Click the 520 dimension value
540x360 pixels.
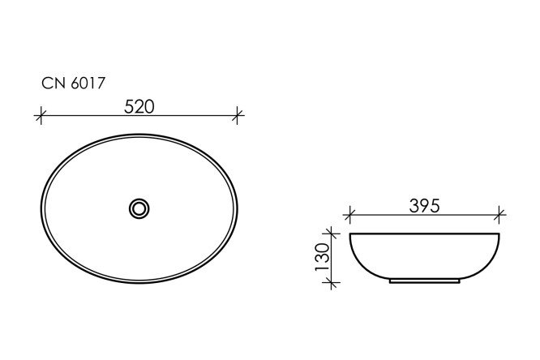pyautogui.click(x=139, y=105)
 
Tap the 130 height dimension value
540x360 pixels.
pyautogui.click(x=322, y=257)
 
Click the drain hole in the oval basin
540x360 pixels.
pyautogui.click(x=139, y=208)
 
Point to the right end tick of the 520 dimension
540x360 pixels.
pyautogui.click(x=237, y=116)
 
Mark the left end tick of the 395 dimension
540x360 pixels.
pyautogui.click(x=350, y=216)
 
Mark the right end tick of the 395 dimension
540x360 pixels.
pyautogui.click(x=499, y=216)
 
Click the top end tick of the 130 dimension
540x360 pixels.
pyautogui.click(x=331, y=234)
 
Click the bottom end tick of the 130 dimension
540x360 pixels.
pyautogui.click(x=331, y=281)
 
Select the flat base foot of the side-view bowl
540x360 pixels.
pyautogui.click(x=425, y=281)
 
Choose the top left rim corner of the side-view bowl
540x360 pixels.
pyautogui.click(x=351, y=234)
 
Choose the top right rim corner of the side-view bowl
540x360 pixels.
pyautogui.click(x=499, y=234)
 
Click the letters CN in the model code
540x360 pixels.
pyautogui.click(x=50, y=82)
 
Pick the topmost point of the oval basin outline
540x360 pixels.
pyautogui.click(x=139, y=135)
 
